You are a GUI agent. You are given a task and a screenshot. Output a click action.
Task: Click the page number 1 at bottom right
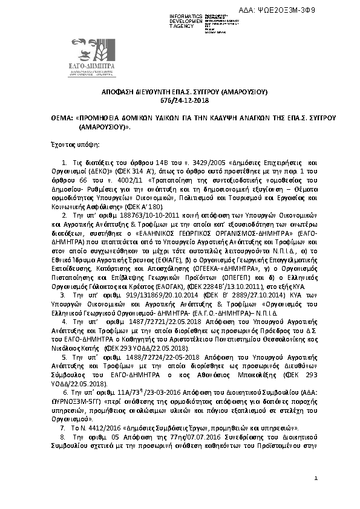pos(316,495)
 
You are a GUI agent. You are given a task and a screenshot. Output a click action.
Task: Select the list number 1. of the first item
pos(65,164)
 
